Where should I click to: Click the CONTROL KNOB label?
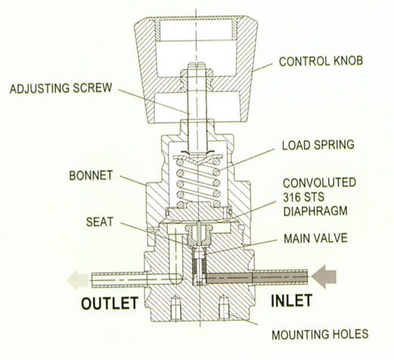[x=321, y=61]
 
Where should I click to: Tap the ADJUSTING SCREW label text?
[x=60, y=88]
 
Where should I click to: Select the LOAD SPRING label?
[x=318, y=145]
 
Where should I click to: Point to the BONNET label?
[x=91, y=175]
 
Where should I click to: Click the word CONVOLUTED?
[x=319, y=183]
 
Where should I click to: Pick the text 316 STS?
[x=303, y=197]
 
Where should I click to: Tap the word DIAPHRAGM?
[x=315, y=211]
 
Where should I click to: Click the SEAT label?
[x=100, y=222]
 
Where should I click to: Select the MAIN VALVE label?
[x=315, y=238]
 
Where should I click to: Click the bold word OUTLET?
[x=110, y=303]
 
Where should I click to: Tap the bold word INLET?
[x=292, y=300]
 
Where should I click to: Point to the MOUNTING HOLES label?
[x=320, y=334]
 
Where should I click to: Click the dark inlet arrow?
[x=324, y=277]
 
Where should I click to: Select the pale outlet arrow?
[x=78, y=280]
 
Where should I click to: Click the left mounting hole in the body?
[x=175, y=309]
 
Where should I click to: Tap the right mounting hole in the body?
[x=224, y=308]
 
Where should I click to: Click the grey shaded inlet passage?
[x=229, y=278]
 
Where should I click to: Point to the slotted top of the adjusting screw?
[x=197, y=65]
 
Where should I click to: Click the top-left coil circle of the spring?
[x=180, y=162]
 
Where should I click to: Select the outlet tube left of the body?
[x=119, y=278]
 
